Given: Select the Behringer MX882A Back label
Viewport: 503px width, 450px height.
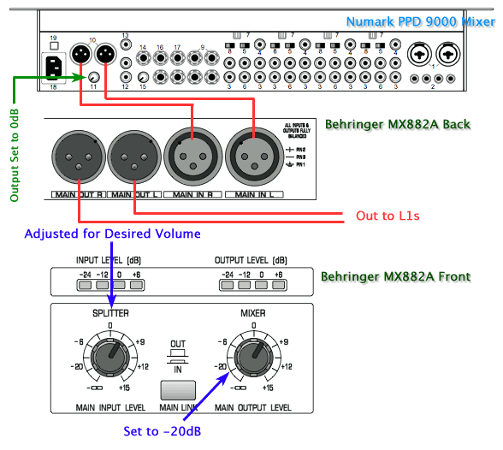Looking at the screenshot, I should click(x=397, y=124).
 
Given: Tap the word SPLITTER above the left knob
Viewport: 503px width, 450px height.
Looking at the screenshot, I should click(x=109, y=314).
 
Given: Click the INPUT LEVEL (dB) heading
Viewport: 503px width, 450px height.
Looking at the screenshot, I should click(x=110, y=259).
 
